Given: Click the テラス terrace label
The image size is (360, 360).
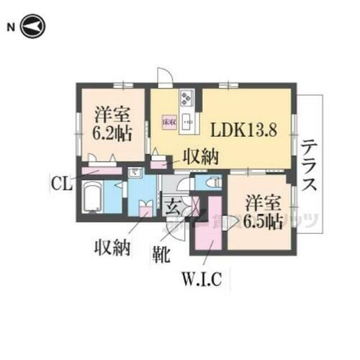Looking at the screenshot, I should click(310, 165).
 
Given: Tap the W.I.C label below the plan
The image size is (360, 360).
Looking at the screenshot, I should click(205, 276).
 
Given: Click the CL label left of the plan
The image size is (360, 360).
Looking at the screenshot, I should click(61, 183).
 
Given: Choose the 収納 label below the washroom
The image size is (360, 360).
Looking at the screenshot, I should click(112, 249).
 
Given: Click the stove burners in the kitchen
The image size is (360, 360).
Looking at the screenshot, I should click(186, 97).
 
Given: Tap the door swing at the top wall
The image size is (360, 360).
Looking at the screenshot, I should click(164, 76).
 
